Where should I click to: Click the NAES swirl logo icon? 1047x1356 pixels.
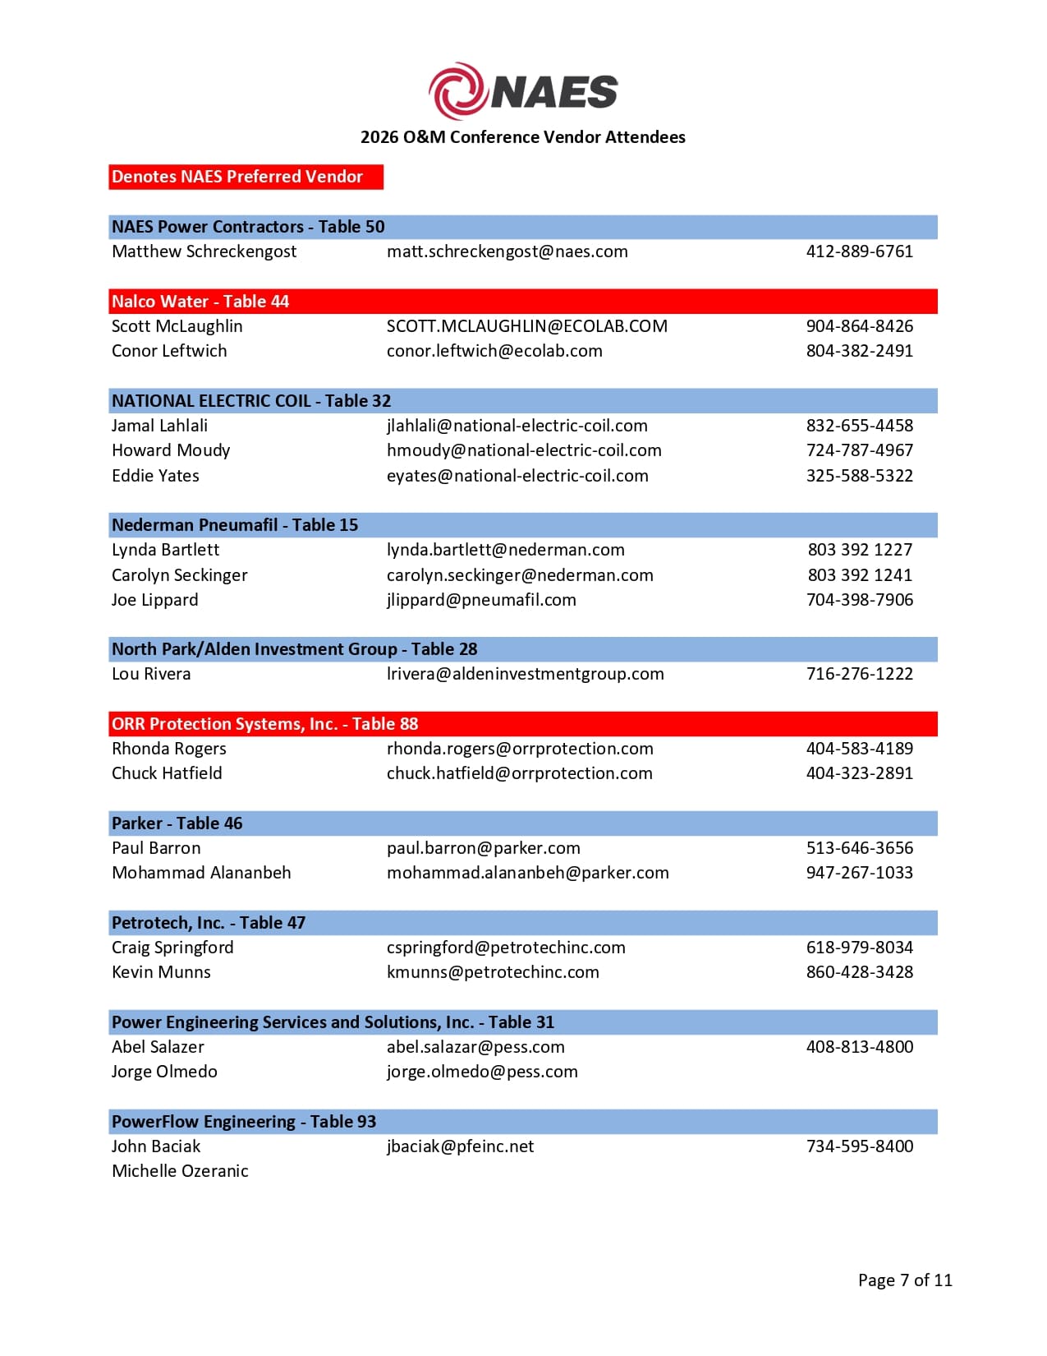click(x=458, y=90)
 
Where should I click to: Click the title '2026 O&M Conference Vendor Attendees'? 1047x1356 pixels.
click(x=522, y=137)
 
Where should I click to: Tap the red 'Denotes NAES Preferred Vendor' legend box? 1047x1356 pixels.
click(x=246, y=177)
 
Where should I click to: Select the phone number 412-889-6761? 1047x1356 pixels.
click(x=859, y=251)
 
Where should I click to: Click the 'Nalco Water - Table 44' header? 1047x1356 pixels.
click(x=200, y=302)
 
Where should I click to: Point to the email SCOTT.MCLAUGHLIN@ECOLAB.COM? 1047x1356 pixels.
click(x=526, y=326)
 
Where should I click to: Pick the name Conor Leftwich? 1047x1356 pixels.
click(x=169, y=351)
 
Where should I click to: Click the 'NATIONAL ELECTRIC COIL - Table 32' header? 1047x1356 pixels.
click(x=251, y=401)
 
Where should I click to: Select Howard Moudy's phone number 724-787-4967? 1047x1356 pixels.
click(x=859, y=450)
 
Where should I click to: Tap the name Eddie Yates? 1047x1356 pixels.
click(x=155, y=476)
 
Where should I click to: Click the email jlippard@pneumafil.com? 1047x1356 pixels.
click(x=481, y=600)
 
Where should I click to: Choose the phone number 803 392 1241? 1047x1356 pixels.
click(x=859, y=575)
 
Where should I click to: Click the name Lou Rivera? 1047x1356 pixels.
click(x=151, y=674)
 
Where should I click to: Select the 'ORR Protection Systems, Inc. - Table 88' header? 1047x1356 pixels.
click(x=264, y=724)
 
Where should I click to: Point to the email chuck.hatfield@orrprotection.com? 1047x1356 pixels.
click(x=519, y=773)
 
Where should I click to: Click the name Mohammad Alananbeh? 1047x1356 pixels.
click(x=201, y=873)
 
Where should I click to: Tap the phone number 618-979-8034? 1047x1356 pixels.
click(x=859, y=948)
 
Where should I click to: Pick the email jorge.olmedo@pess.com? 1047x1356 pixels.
click(x=482, y=1072)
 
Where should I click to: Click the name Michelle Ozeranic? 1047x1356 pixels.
click(x=180, y=1171)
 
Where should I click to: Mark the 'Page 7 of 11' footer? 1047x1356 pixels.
click(x=905, y=1280)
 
